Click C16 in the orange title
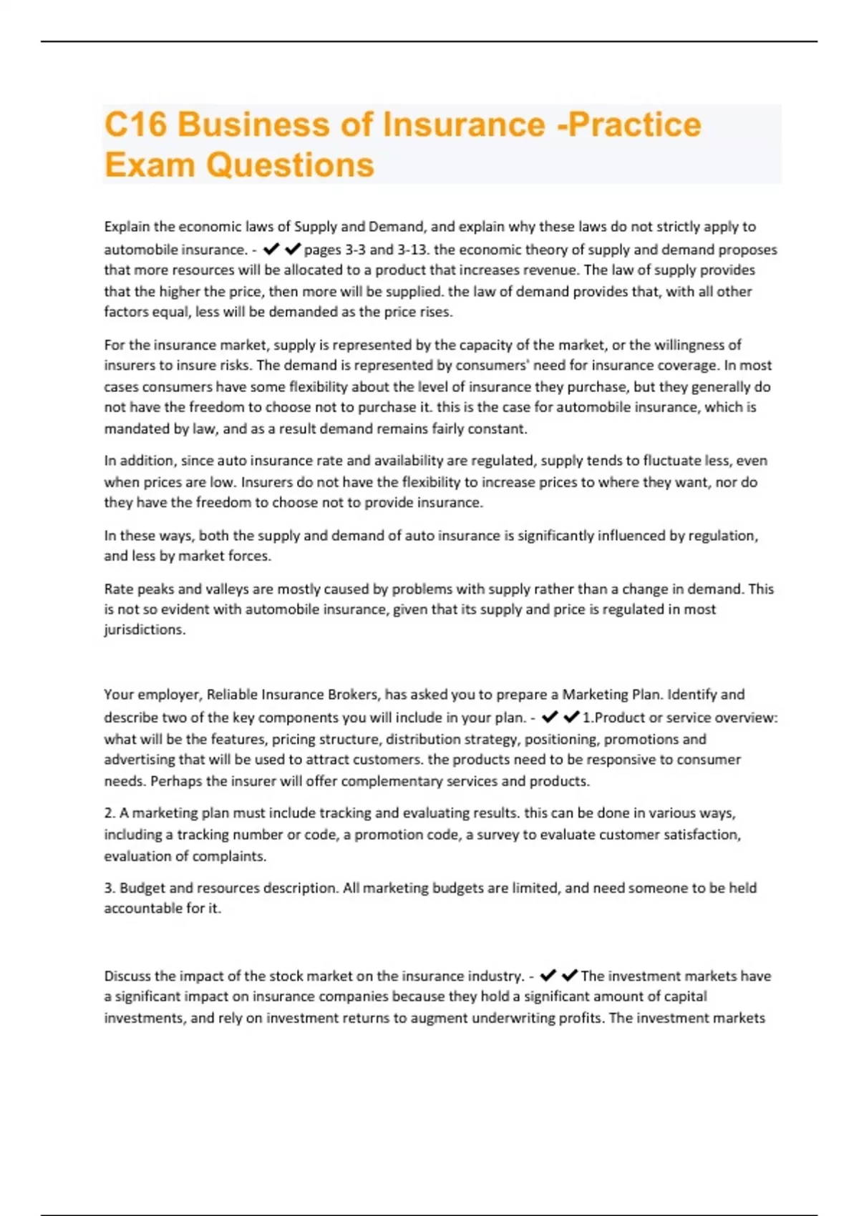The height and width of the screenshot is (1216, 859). (x=135, y=124)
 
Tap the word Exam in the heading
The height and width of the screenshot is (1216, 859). (x=150, y=165)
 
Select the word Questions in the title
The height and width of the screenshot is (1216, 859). (x=290, y=165)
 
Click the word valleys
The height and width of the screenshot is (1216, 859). (x=228, y=589)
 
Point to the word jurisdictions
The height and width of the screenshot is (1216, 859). (x=145, y=629)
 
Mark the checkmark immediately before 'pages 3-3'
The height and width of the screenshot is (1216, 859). (x=292, y=249)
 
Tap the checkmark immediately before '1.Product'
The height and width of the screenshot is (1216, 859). (x=571, y=717)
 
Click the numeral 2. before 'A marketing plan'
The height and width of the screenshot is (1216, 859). (x=110, y=813)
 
